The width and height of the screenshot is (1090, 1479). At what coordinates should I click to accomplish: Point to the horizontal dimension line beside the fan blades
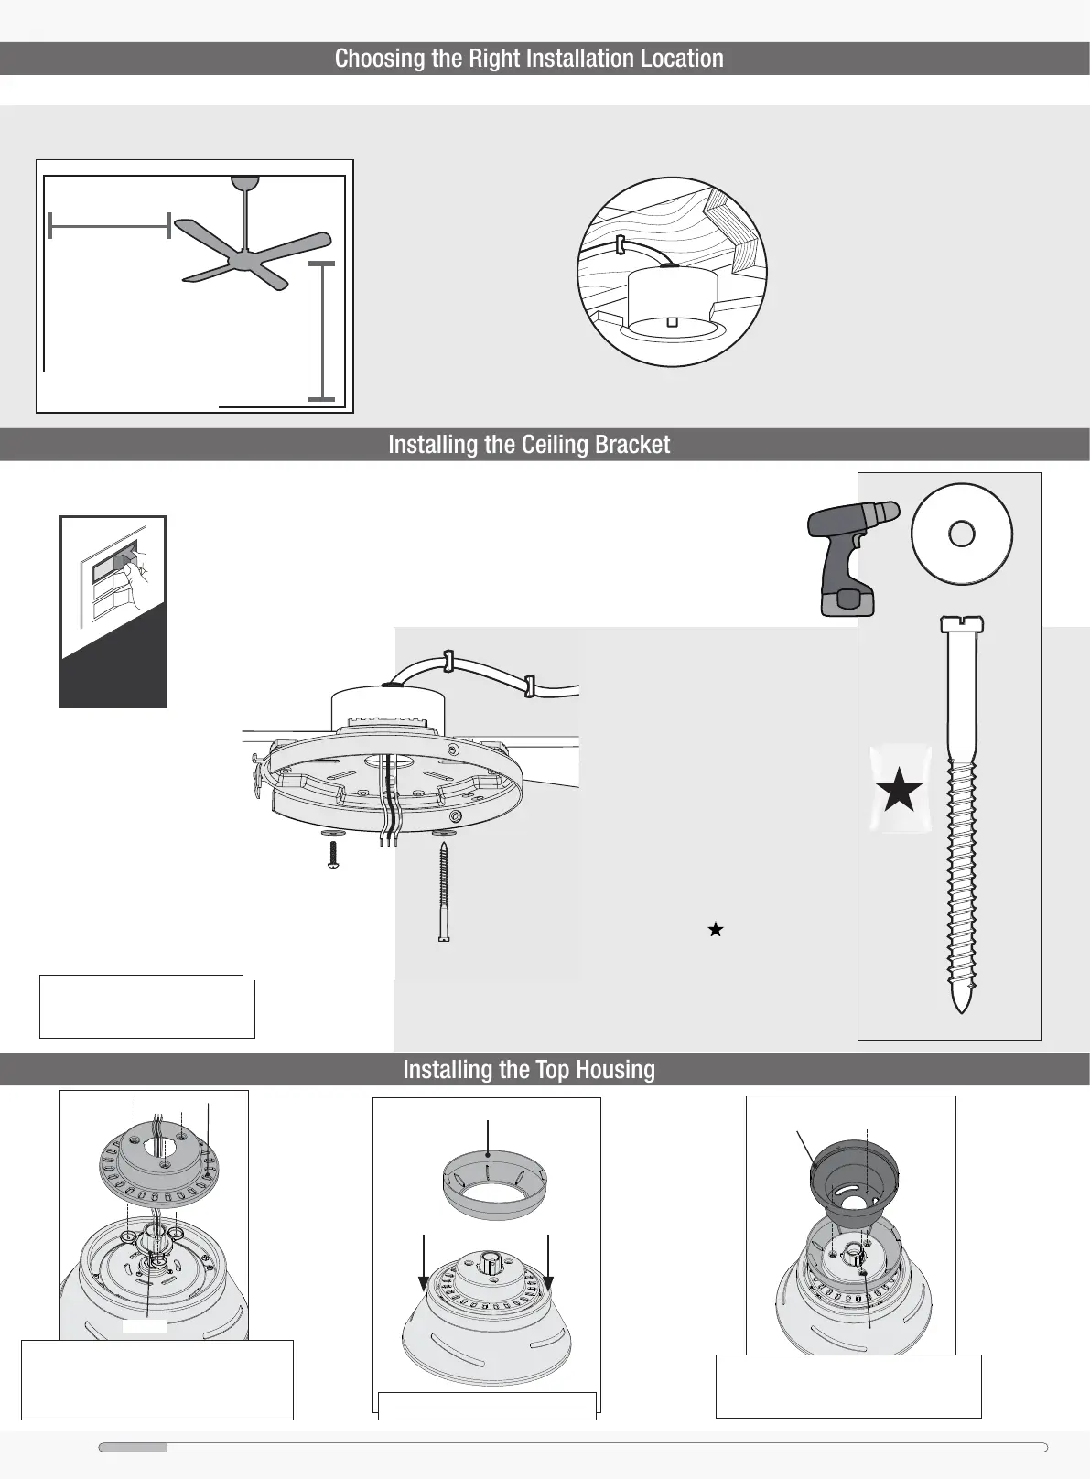pos(109,224)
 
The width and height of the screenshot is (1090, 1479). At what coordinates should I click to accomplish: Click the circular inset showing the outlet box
pos(673,273)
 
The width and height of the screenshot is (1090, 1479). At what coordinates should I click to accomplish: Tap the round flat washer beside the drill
pos(961,534)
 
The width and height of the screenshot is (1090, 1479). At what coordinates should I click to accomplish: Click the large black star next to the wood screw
pos(899,790)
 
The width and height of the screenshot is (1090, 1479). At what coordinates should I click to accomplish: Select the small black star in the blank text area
pos(716,930)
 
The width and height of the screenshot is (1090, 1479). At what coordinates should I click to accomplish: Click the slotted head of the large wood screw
pos(961,625)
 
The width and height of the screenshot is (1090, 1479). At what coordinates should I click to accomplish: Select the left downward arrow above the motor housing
pos(425,1263)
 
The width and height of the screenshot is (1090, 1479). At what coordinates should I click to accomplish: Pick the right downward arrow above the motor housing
pos(547,1263)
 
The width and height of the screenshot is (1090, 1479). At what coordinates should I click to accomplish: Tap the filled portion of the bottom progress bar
pos(134,1447)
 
